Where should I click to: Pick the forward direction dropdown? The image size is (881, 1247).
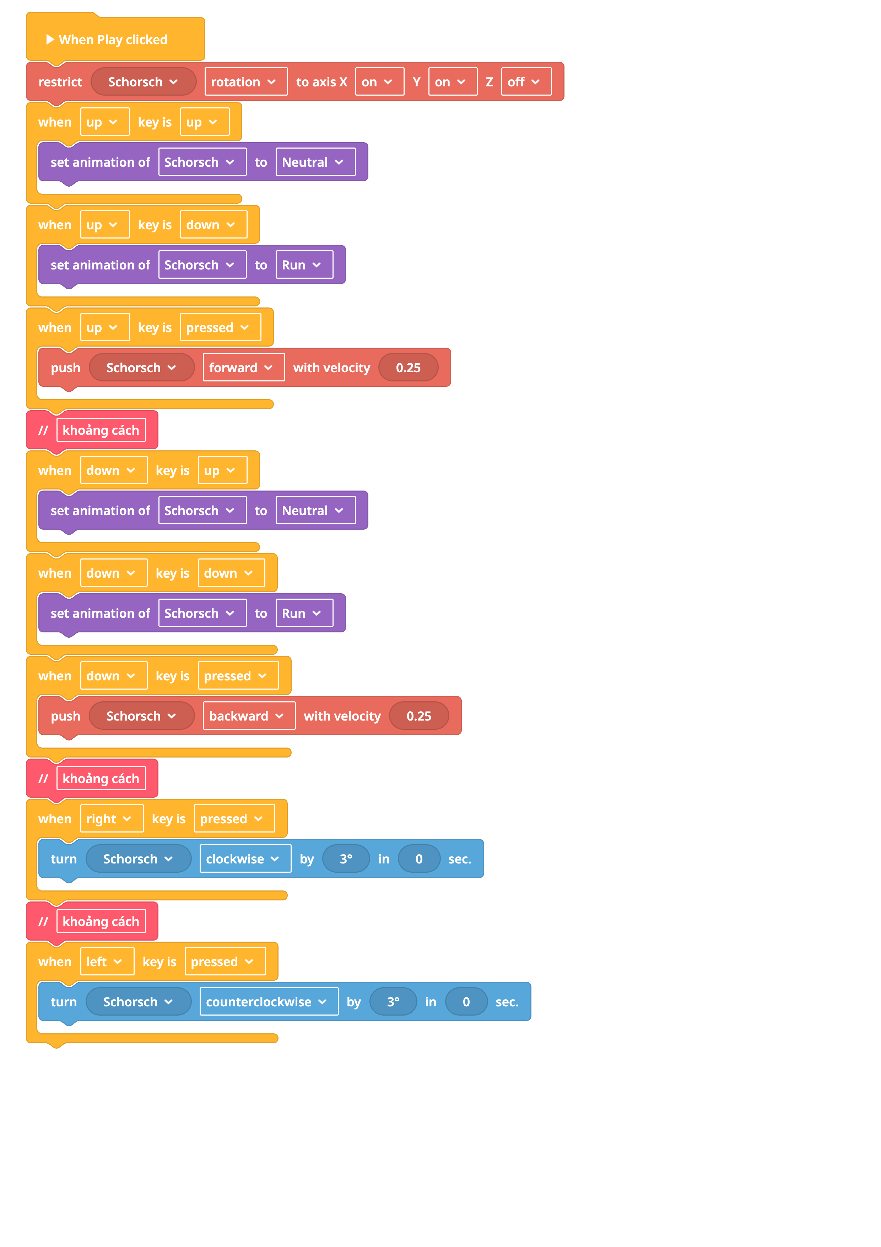pyautogui.click(x=244, y=367)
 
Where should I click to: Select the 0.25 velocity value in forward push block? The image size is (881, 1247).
pyautogui.click(x=408, y=367)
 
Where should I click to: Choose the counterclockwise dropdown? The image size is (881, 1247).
pyautogui.click(x=269, y=1001)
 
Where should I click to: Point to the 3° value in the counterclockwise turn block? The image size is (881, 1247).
pyautogui.click(x=393, y=1001)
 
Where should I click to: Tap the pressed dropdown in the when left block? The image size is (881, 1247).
pyautogui.click(x=225, y=961)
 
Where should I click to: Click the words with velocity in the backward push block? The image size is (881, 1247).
pyautogui.click(x=342, y=716)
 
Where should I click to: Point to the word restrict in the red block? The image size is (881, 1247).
pyautogui.click(x=60, y=82)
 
